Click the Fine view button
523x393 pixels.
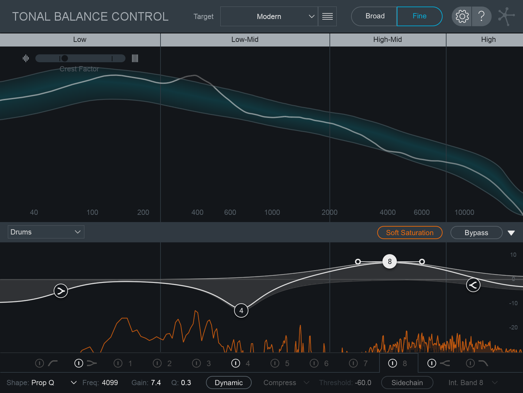419,16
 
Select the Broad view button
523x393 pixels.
375,16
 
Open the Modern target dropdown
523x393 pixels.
269,16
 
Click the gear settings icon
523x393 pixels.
462,16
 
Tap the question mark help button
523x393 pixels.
481,16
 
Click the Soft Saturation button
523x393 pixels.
410,233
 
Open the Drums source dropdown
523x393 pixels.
46,232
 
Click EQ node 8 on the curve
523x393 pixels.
390,261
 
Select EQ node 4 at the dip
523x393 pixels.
241,310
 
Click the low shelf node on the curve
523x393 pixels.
61,290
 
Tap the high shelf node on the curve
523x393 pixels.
473,285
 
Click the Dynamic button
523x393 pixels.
228,383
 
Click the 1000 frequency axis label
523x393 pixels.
272,212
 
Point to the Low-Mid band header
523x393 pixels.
245,40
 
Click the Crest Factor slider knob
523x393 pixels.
65,58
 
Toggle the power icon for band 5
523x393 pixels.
275,363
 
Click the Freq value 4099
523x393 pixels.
110,383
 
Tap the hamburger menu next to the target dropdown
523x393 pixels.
327,16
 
